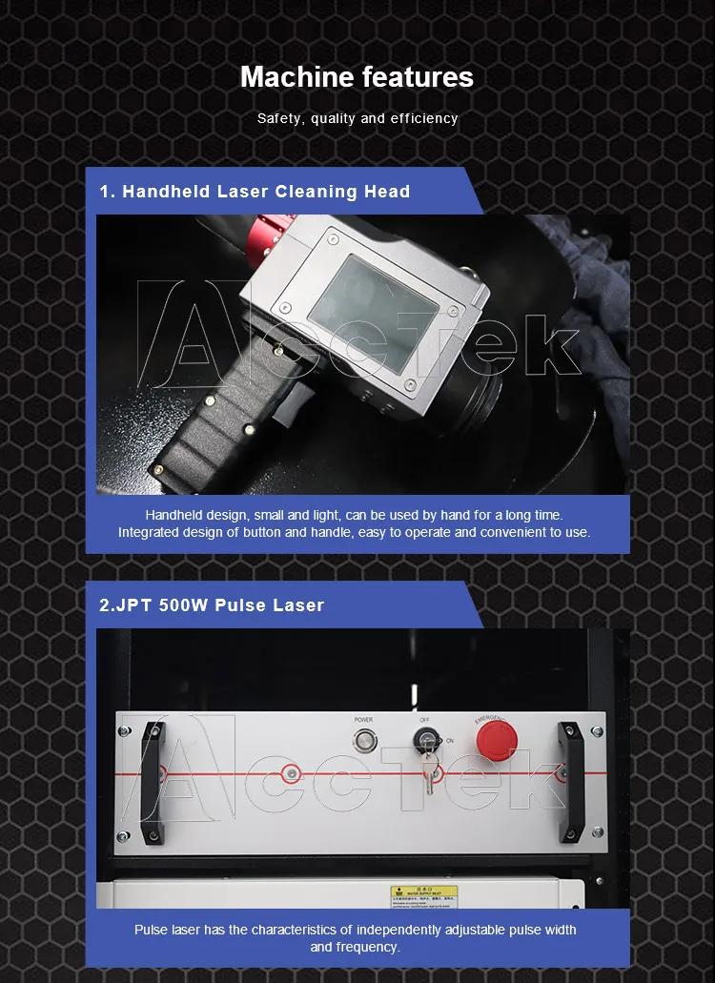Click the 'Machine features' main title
(x=357, y=76)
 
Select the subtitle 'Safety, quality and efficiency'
(x=357, y=119)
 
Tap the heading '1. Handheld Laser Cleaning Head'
(x=255, y=192)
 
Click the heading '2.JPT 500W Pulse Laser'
(x=212, y=605)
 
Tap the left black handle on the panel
(x=153, y=783)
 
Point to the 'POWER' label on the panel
(x=363, y=719)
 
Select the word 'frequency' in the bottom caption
(x=367, y=947)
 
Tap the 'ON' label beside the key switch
(x=449, y=740)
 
